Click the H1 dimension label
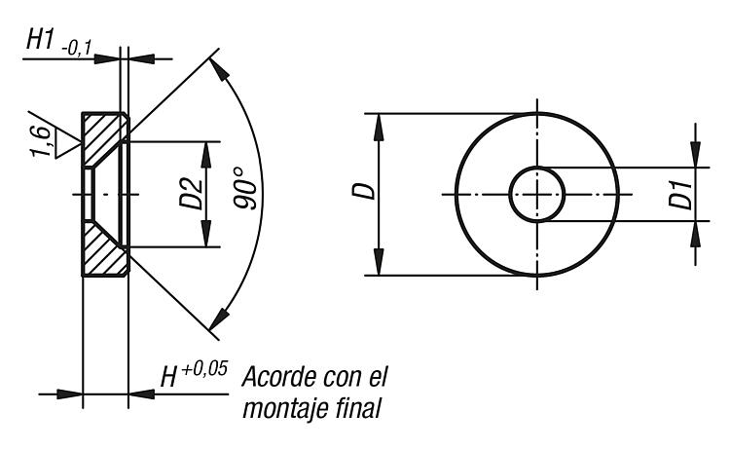pyautogui.click(x=41, y=39)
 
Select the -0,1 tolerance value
pyautogui.click(x=77, y=48)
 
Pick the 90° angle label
pyautogui.click(x=245, y=189)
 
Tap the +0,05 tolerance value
pyautogui.click(x=204, y=368)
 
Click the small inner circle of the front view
pyautogui.click(x=536, y=167)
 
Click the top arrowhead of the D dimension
pyautogui.click(x=380, y=127)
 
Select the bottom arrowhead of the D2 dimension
pyautogui.click(x=206, y=234)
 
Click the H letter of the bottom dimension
pyautogui.click(x=168, y=377)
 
